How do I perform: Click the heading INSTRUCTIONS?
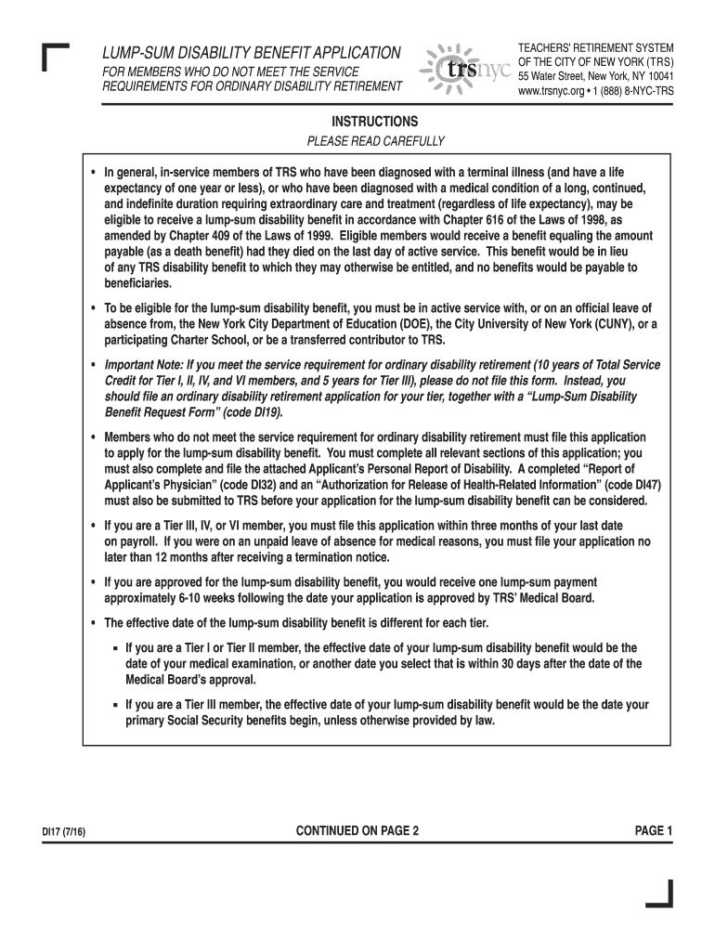click(375, 122)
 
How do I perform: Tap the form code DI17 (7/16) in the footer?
click(64, 832)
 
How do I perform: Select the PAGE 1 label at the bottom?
click(654, 831)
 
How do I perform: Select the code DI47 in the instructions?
click(640, 484)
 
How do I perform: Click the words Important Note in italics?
click(140, 365)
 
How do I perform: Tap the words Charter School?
click(204, 340)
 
